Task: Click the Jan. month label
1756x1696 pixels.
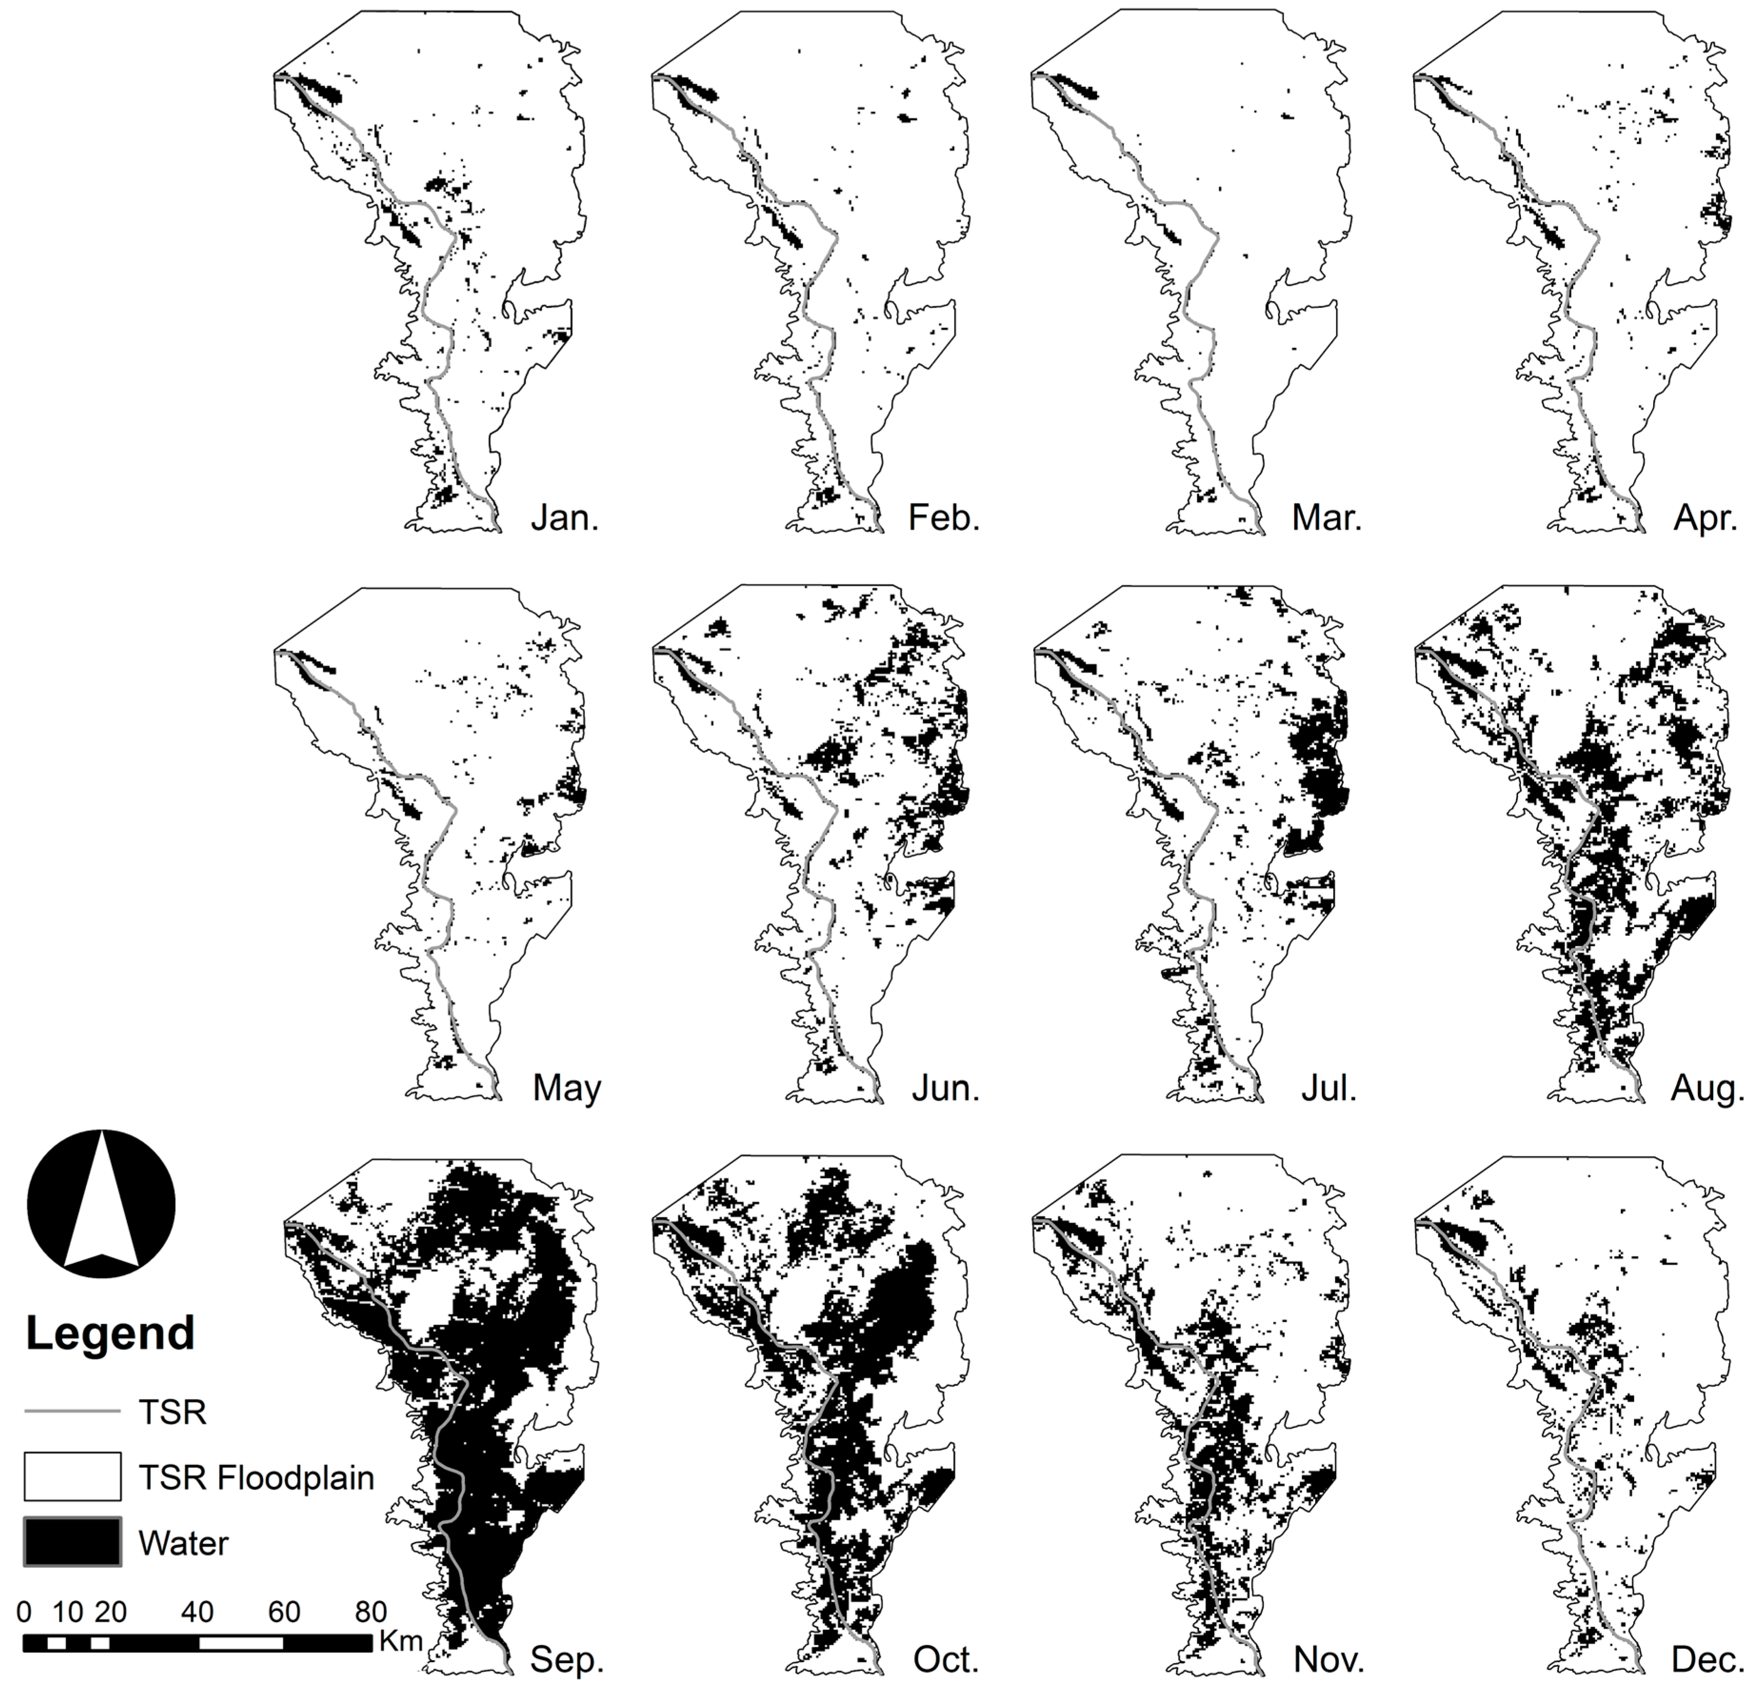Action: click(565, 518)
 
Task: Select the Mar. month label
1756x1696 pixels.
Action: click(1327, 518)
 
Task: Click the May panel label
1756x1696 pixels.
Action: click(567, 1088)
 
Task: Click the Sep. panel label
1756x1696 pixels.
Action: click(567, 1660)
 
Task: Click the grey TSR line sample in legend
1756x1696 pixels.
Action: click(72, 1412)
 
